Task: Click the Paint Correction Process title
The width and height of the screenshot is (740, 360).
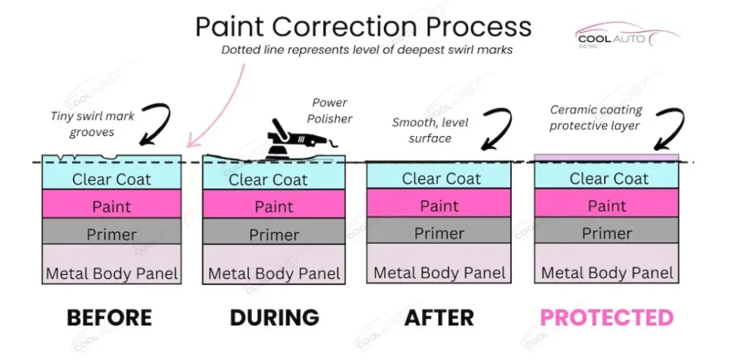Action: [363, 27]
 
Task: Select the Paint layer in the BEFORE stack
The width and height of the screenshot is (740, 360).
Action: [111, 203]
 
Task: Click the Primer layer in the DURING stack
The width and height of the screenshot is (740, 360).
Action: [274, 231]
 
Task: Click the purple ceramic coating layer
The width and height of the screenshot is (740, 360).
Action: [606, 158]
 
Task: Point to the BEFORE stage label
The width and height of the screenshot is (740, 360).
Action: [110, 317]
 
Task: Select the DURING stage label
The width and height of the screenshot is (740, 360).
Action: [274, 317]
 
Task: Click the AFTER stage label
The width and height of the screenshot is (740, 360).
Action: [439, 317]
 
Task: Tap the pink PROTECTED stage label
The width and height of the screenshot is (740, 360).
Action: [606, 317]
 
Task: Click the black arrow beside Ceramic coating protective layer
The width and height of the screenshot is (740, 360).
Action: [669, 129]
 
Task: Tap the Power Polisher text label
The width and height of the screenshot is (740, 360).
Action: [330, 111]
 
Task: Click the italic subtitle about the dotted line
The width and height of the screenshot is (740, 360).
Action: [367, 50]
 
